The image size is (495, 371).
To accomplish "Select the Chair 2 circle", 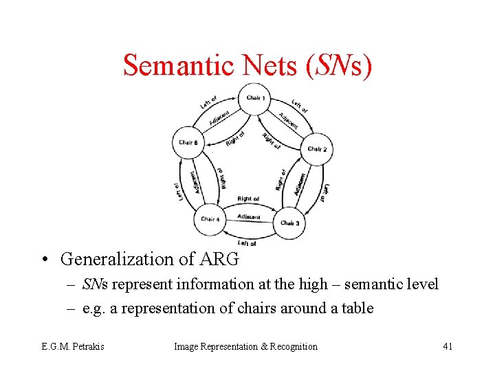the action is tap(316, 148).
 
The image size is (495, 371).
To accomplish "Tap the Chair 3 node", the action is tap(289, 223).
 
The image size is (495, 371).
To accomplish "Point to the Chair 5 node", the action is tap(188, 143).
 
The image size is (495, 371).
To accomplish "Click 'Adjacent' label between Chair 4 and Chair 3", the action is tap(249, 217).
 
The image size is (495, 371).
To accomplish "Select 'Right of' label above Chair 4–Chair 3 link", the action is tap(248, 199).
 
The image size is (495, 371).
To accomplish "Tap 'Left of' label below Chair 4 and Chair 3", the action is tap(246, 243).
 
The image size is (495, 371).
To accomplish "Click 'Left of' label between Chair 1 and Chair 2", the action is tap(299, 108).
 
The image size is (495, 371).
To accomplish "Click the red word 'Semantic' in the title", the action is tap(179, 65).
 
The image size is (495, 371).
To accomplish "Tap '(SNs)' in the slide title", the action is tap(342, 65).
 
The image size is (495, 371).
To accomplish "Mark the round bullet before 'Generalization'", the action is tap(44, 260).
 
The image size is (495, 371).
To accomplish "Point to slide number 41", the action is tap(448, 346).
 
